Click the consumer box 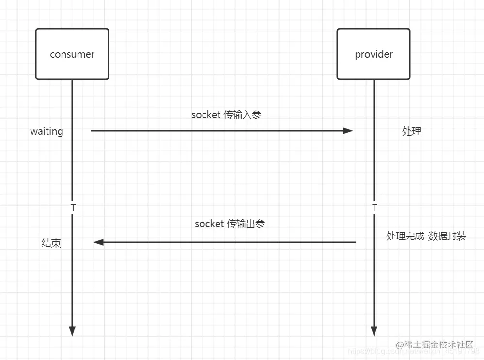point(72,53)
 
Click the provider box point(374,53)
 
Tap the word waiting point(47,131)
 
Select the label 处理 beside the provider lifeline point(411,131)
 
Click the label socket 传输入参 point(226,115)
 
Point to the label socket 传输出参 point(230,224)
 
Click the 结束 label point(51,243)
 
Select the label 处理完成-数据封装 point(426,236)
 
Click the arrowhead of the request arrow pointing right point(348,131)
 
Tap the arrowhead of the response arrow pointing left point(99,242)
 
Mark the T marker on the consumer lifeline point(73,208)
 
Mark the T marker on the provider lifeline point(374,208)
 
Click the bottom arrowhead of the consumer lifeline point(72,331)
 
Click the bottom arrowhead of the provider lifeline point(374,331)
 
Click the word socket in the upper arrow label point(206,115)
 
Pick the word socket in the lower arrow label point(209,224)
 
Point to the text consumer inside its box point(72,54)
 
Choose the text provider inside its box point(374,54)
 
